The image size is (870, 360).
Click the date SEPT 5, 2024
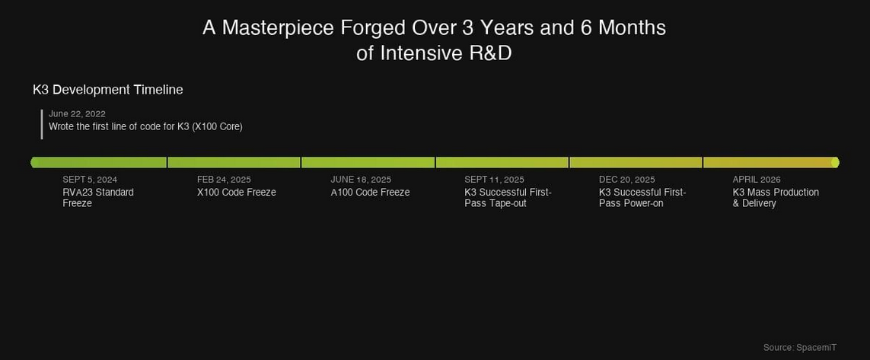point(90,180)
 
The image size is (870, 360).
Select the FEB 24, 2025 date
point(224,180)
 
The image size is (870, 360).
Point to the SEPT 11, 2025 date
point(494,180)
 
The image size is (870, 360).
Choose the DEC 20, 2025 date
point(627,180)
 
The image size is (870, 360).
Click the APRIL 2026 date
point(757,180)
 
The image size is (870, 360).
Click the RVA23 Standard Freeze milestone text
point(98,198)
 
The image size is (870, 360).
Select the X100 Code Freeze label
point(237,193)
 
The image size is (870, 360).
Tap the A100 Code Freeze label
point(370,193)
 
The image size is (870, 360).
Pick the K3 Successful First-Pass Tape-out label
point(508,198)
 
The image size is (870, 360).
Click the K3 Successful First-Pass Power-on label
point(642,198)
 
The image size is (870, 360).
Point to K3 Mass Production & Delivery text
point(776,198)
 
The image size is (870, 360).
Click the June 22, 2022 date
point(77,113)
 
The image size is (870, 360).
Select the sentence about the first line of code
point(145,126)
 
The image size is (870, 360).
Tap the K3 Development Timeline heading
point(107,90)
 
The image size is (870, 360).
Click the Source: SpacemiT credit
point(799,347)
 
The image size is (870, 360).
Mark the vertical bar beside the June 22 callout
point(42,124)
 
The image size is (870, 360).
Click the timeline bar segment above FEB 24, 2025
point(234,163)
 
